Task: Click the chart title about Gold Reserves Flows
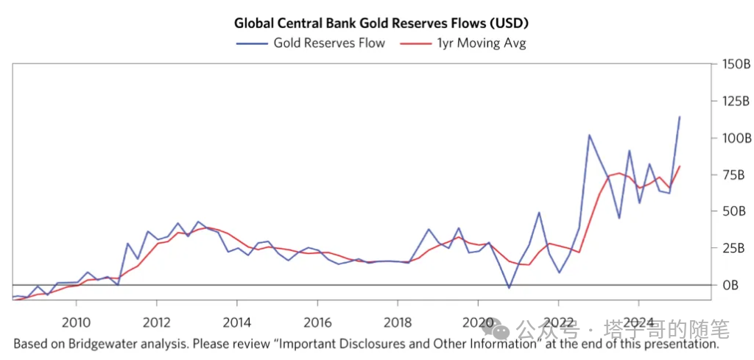point(381,23)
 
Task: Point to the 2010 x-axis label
point(76,322)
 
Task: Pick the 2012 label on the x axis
point(156,322)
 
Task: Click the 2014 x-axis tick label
point(236,322)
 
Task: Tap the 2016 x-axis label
point(317,322)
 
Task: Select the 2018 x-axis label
point(397,322)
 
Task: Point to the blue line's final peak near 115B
point(679,116)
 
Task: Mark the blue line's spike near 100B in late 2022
point(589,135)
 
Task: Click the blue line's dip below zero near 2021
point(509,288)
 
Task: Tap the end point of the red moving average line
point(679,166)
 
